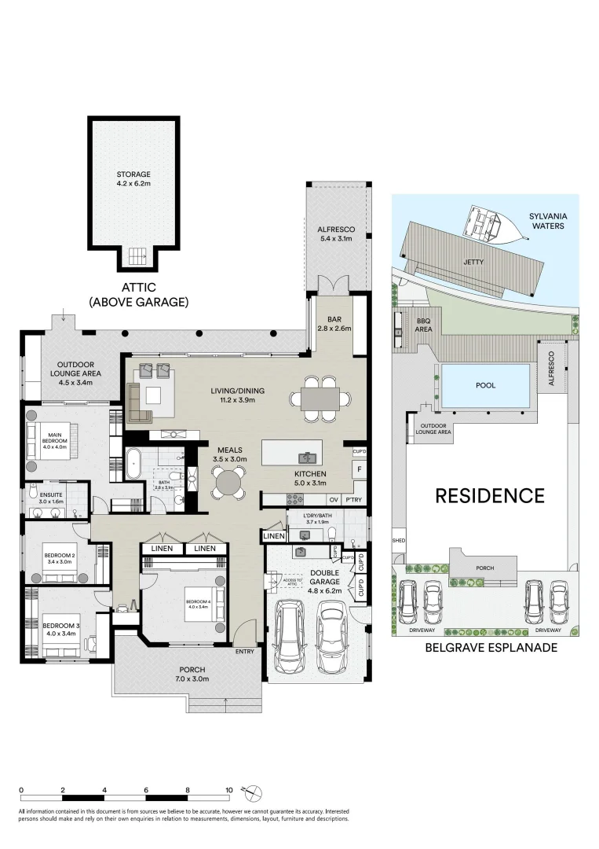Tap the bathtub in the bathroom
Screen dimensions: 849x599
click(x=132, y=465)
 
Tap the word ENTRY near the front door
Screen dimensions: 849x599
click(x=245, y=652)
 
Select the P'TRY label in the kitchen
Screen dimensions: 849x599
click(x=353, y=499)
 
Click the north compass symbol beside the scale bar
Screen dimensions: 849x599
click(x=254, y=794)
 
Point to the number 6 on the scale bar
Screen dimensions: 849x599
click(x=146, y=789)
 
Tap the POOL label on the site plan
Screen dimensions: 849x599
click(x=485, y=386)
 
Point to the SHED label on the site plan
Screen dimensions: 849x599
click(x=398, y=542)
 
